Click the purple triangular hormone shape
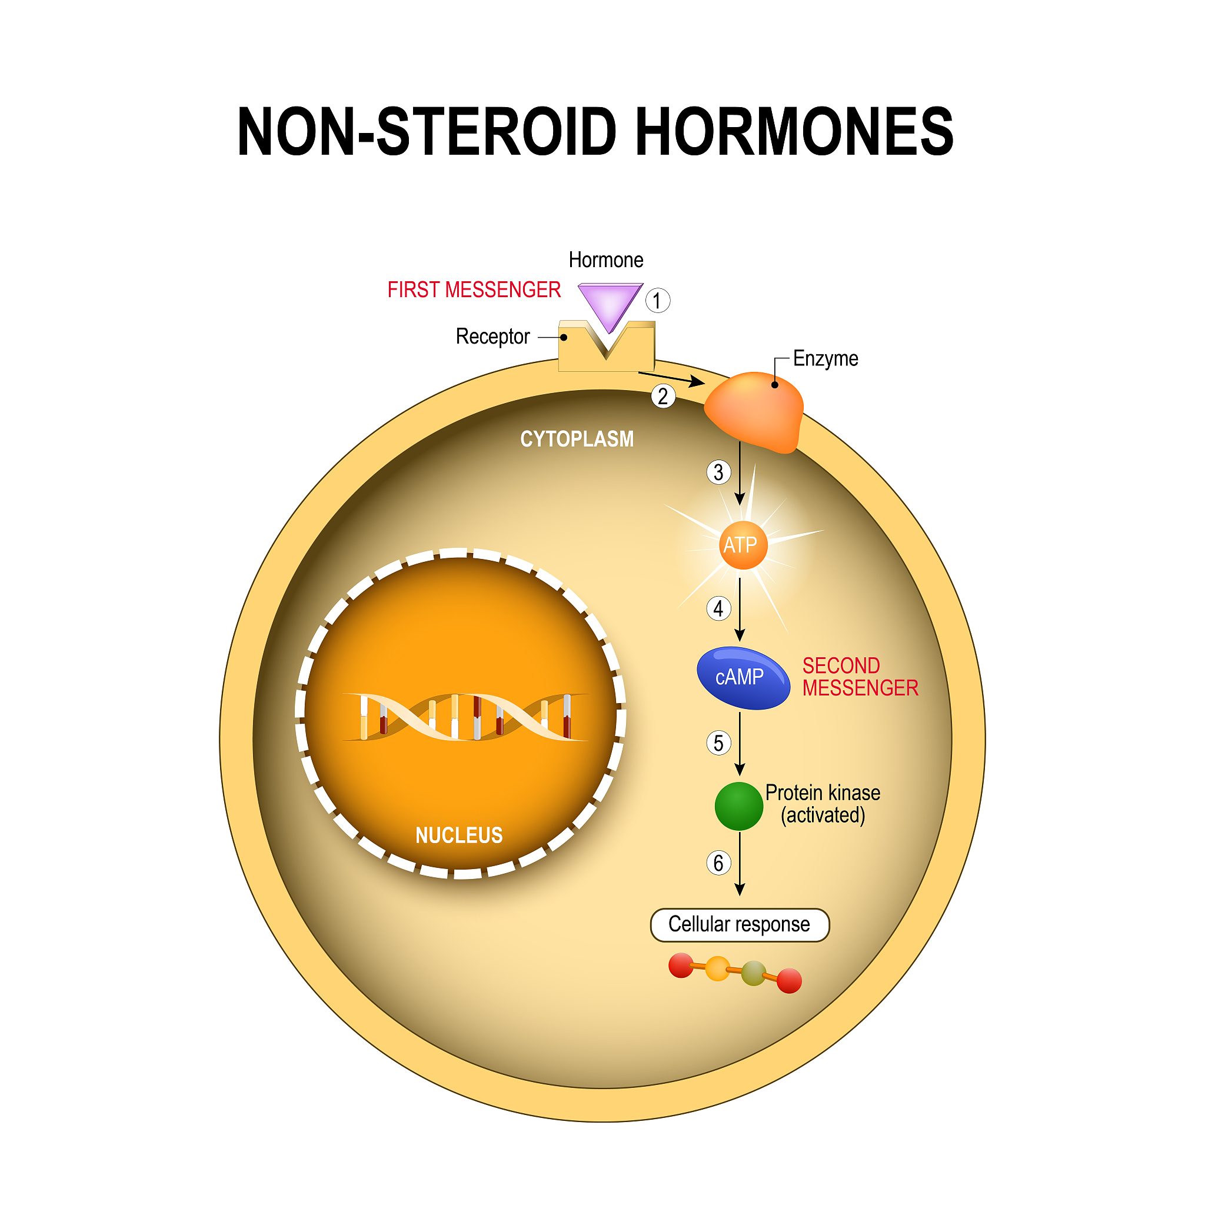[610, 303]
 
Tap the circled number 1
[657, 301]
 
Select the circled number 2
[663, 396]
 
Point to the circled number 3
[718, 472]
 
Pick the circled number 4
[718, 608]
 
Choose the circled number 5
[718, 743]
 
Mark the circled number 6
[718, 863]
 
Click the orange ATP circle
[740, 545]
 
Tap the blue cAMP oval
[742, 677]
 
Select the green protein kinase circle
[738, 806]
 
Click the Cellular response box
[740, 924]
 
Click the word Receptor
[492, 337]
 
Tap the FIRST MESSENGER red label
[474, 290]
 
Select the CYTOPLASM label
[577, 439]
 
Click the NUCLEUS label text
[459, 835]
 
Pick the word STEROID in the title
[496, 132]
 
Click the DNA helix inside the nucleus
[465, 717]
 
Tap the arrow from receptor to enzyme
[671, 378]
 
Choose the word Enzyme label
[825, 359]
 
